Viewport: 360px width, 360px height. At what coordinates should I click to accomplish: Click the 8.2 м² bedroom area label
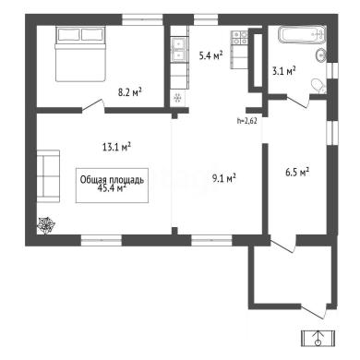coord(130,91)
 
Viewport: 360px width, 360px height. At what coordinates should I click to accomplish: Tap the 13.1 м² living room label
coord(116,147)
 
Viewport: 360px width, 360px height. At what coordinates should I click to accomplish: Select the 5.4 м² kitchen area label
coord(210,55)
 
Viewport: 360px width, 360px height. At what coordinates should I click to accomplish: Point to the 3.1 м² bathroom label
coord(283,71)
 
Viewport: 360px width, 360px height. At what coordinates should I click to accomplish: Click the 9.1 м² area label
coord(224,178)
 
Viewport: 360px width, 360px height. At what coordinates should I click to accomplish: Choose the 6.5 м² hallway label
coord(297,172)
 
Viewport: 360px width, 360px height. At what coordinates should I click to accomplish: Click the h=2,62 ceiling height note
coord(247,121)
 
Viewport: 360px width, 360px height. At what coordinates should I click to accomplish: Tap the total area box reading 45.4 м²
coord(112,186)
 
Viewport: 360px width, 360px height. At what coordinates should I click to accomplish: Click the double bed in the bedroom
coord(80,54)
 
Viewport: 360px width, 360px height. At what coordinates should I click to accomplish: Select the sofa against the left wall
coord(48,176)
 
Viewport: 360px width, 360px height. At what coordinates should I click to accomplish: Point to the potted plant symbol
coord(46,226)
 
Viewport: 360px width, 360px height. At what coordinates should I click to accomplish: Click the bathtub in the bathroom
coord(302,34)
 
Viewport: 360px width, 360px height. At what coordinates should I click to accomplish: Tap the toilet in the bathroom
coord(318,86)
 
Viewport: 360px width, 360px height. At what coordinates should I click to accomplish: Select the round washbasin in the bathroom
coord(320,55)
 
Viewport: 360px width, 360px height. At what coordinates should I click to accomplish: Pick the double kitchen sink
coord(179,49)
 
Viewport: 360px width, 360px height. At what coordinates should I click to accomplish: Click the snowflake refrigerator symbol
coord(177,98)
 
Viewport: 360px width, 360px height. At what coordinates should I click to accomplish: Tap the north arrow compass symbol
coord(318,339)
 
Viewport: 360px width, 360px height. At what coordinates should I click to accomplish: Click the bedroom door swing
coord(93,105)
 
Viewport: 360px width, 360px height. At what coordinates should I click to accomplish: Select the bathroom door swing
coord(298,101)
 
